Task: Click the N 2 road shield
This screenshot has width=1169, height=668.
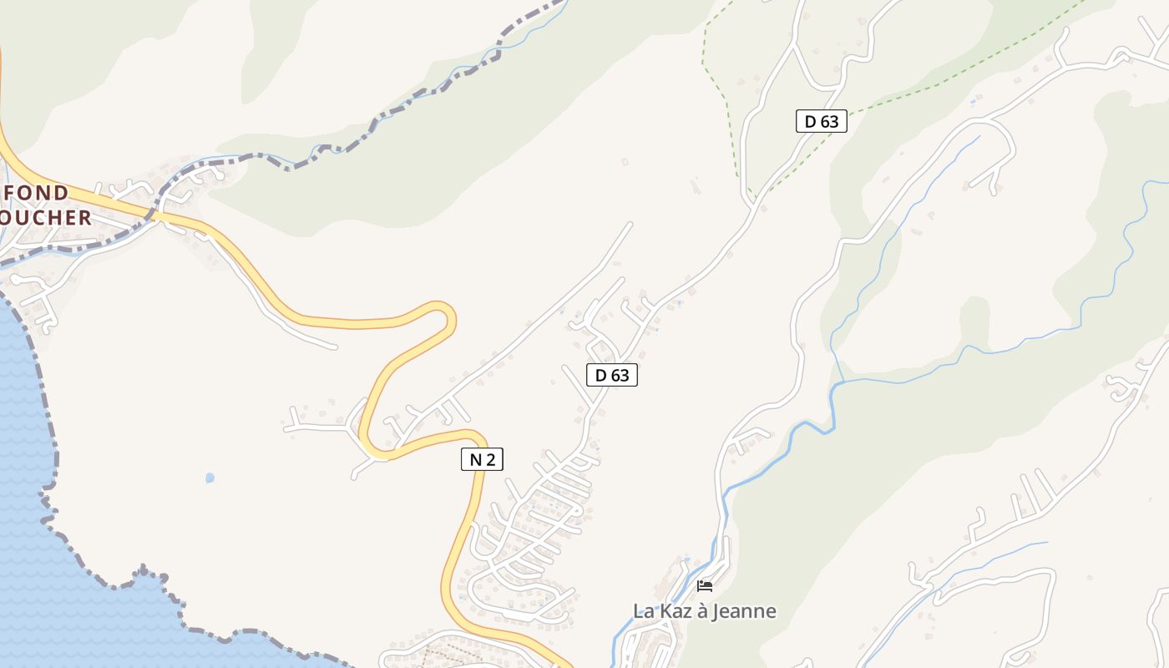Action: click(482, 458)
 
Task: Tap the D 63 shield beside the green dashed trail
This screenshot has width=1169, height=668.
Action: click(821, 121)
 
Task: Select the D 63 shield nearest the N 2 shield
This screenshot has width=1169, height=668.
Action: click(611, 375)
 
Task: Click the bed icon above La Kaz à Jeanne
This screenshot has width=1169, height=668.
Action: click(705, 586)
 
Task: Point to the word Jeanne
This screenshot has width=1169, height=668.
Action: click(744, 611)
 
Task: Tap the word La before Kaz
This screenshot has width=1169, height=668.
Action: click(642, 611)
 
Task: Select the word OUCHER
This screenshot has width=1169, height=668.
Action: click(46, 218)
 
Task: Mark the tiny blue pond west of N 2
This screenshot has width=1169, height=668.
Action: click(210, 478)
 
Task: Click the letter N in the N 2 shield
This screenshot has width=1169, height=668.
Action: click(475, 458)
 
